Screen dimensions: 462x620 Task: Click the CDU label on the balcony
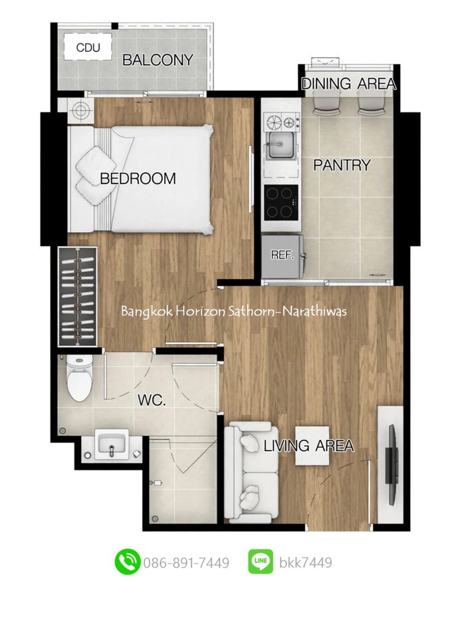pos(88,48)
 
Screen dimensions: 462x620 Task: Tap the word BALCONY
pos(158,60)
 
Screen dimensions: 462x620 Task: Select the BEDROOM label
pos(138,179)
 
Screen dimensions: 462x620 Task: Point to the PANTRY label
pos(342,165)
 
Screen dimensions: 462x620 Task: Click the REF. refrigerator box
pos(282,256)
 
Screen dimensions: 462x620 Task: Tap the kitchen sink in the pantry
pos(281,145)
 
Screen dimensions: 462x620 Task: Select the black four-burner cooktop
pos(282,202)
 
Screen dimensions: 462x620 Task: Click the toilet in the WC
pos(79,377)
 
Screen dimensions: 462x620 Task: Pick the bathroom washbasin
pos(112,445)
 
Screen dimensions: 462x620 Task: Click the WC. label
pos(152,400)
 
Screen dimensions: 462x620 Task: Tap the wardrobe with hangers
pos(78,297)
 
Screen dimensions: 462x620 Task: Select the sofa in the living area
pos(252,472)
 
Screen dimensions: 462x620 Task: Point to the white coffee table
pos(312,446)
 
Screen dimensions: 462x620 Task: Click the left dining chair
pos(327,102)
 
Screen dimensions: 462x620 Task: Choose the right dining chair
pos(372,102)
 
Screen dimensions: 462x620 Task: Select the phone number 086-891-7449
pos(186,563)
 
